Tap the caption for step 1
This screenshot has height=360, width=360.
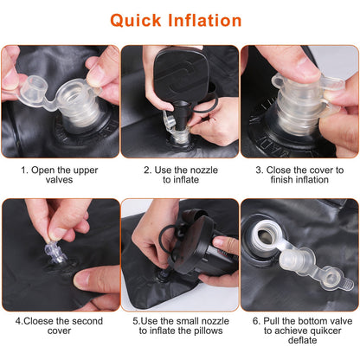[61, 177]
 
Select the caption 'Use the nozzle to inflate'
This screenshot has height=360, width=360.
[180, 177]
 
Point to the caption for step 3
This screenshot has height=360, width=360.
[299, 177]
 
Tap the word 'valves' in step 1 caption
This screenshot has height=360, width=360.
[61, 182]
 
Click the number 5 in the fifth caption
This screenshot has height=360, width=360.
[137, 318]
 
